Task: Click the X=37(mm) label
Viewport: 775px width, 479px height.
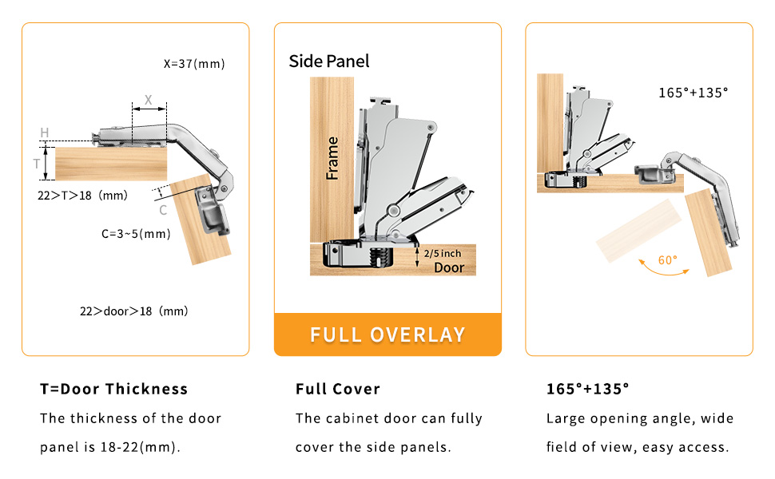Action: click(194, 64)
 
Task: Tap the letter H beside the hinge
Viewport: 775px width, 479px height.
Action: click(45, 132)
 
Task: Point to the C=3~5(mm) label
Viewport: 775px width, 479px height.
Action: click(136, 234)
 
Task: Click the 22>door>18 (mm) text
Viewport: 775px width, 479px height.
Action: click(134, 311)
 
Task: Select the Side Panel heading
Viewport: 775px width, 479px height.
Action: click(329, 61)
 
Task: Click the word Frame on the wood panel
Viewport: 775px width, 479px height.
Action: click(332, 158)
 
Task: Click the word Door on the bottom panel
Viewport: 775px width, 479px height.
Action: click(449, 267)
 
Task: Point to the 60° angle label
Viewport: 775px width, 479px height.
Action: click(668, 259)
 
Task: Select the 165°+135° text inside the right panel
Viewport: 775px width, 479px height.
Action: click(693, 93)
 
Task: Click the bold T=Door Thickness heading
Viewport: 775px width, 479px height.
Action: click(114, 389)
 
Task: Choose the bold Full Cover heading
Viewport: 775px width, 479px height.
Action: click(337, 389)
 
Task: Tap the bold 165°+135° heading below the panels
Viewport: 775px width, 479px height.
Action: click(587, 389)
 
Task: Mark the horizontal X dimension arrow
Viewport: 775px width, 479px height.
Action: click(149, 109)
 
